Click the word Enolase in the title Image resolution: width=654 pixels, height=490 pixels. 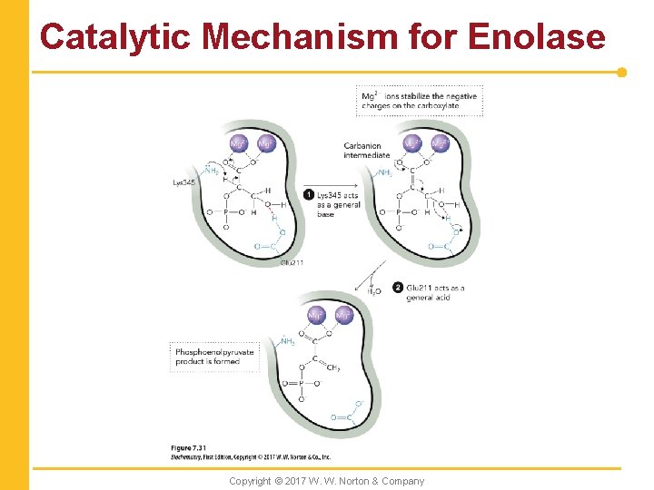pyautogui.click(x=536, y=36)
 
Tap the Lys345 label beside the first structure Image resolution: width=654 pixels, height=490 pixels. pyautogui.click(x=184, y=182)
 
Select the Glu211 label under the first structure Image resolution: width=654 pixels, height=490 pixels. pyautogui.click(x=291, y=262)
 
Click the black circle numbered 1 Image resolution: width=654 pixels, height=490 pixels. pyautogui.click(x=310, y=195)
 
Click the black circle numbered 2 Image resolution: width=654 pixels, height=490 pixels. pyautogui.click(x=399, y=288)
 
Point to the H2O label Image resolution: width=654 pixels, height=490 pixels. pyautogui.click(x=374, y=291)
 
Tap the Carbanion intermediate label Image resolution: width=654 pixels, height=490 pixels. pyautogui.click(x=366, y=150)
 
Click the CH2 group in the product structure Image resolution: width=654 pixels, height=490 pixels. pyautogui.click(x=332, y=368)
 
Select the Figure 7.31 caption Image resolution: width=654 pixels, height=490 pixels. pyautogui.click(x=188, y=448)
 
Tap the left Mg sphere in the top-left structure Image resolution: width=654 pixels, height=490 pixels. pyautogui.click(x=238, y=143)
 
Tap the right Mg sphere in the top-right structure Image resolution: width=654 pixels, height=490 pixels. pyautogui.click(x=439, y=143)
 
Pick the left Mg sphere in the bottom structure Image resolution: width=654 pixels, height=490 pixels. pyautogui.click(x=316, y=316)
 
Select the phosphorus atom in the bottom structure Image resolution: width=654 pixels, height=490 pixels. pyautogui.click(x=301, y=384)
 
